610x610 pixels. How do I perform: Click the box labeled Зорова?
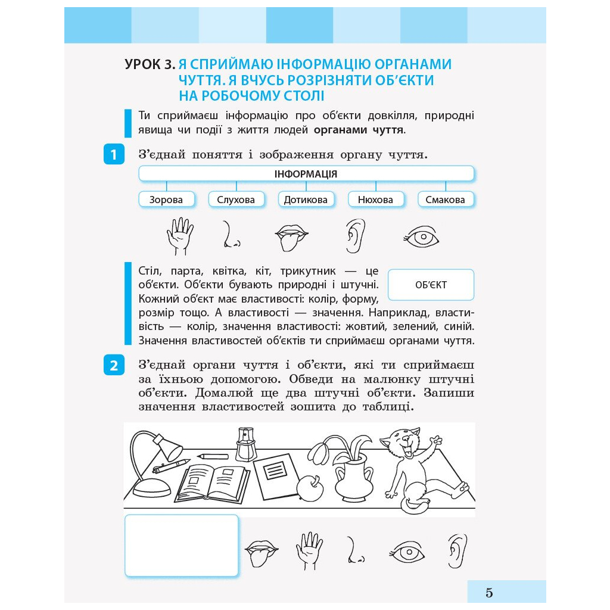tap(166, 200)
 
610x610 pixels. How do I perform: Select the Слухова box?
tap(236, 200)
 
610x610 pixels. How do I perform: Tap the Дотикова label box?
tap(306, 200)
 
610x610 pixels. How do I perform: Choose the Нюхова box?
tap(375, 200)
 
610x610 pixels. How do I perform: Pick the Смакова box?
tap(445, 200)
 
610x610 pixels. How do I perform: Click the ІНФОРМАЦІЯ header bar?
tap(306, 174)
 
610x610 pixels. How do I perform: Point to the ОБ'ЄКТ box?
tap(431, 285)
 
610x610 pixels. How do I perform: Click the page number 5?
tap(489, 593)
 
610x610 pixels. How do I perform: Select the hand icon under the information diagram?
tap(179, 236)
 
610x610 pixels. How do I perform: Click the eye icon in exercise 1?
tap(422, 238)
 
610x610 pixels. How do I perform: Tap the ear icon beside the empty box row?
tap(457, 550)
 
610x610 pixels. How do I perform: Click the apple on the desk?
tap(310, 487)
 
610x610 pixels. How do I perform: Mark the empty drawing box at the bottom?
tap(182, 546)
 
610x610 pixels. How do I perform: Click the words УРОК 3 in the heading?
tap(150, 64)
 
